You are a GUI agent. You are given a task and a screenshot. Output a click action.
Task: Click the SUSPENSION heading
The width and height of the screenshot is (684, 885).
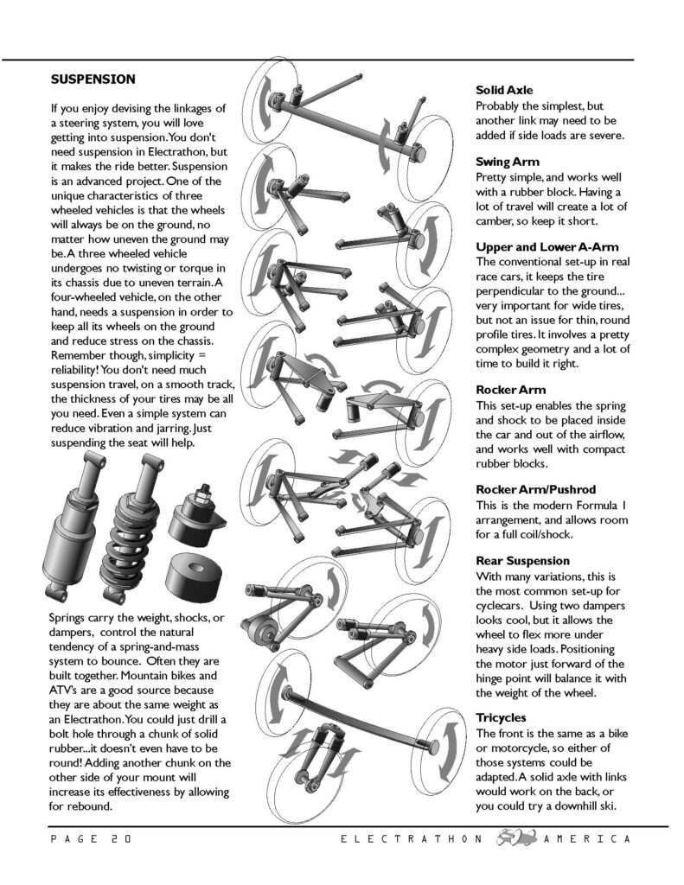pos(93,79)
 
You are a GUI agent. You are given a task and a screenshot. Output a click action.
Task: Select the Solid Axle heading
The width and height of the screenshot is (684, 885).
pos(504,91)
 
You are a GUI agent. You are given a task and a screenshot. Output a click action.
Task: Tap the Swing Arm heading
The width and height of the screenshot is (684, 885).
pos(508,162)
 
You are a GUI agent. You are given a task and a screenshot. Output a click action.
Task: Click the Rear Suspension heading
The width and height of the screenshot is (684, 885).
pos(523,561)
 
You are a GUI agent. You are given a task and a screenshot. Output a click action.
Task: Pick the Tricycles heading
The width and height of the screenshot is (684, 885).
pos(501,717)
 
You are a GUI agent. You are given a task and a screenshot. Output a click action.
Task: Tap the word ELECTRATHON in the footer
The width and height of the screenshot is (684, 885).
pos(406,839)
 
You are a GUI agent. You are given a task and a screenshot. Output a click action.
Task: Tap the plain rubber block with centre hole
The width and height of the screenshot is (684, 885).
pos(198,572)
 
